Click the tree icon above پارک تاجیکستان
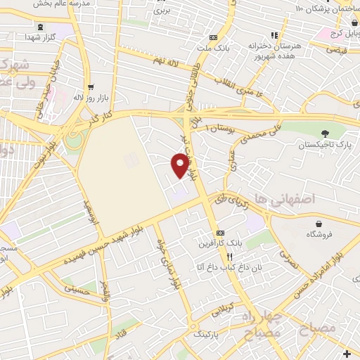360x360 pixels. [324, 134]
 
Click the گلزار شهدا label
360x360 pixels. [36, 35]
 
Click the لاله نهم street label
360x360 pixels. [179, 63]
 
